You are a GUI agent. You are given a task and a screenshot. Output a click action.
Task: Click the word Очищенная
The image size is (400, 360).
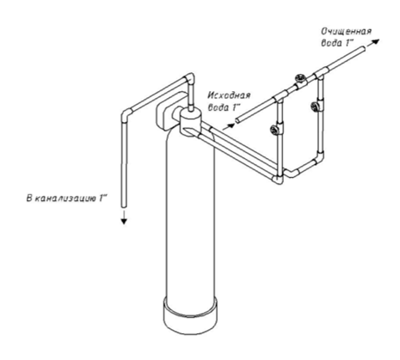point(346,31)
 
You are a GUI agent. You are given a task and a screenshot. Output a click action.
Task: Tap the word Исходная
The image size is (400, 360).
point(229,95)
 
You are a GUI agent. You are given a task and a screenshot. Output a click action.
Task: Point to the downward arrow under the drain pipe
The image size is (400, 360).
point(124,217)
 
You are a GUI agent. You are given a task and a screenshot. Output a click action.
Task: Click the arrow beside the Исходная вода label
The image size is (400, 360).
point(228,127)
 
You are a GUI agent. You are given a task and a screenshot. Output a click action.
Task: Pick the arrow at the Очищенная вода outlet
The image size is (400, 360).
point(373,43)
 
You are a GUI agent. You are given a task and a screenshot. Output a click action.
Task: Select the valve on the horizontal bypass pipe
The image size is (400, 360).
point(300,79)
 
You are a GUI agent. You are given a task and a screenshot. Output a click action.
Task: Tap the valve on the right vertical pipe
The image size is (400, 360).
point(316,106)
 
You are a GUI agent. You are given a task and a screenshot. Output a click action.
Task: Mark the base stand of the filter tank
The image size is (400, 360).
point(189,315)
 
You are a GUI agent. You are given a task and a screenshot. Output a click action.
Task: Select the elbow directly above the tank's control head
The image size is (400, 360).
point(190,78)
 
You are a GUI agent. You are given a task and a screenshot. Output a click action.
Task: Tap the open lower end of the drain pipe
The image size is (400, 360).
point(124,205)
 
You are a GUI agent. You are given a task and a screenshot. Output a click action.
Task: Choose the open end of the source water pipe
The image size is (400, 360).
point(237,120)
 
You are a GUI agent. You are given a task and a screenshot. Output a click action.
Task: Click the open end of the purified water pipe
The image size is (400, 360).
point(364,49)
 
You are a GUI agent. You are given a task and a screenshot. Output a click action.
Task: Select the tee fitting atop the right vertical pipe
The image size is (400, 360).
point(321,74)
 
